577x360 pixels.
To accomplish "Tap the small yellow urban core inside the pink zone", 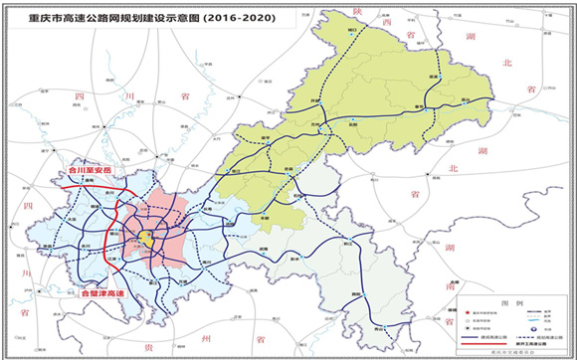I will coord(146,238).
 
